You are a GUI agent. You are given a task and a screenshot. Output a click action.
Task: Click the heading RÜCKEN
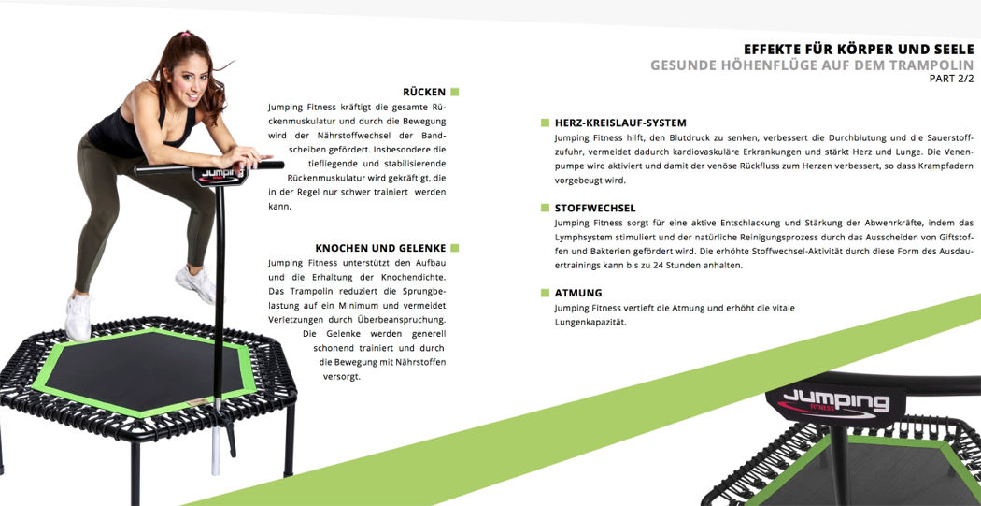click(x=424, y=92)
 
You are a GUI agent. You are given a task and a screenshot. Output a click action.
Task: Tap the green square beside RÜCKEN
click(x=455, y=92)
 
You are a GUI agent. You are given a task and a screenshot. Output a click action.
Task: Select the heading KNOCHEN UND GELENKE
click(x=380, y=248)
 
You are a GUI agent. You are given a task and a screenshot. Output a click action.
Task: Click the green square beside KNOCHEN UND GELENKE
click(x=455, y=248)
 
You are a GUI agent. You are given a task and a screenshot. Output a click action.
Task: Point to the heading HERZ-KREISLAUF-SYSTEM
click(x=620, y=123)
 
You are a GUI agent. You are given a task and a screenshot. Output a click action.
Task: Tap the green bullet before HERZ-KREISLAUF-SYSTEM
click(x=546, y=123)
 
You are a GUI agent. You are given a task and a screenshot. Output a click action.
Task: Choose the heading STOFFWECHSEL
click(x=595, y=208)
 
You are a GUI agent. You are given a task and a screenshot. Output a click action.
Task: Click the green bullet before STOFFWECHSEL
click(x=546, y=208)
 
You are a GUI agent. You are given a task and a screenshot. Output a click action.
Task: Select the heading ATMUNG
click(x=578, y=293)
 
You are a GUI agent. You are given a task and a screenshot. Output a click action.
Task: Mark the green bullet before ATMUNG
click(x=546, y=293)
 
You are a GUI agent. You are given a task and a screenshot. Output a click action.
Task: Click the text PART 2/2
click(x=952, y=79)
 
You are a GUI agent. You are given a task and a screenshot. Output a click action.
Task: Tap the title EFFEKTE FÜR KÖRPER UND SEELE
click(x=859, y=49)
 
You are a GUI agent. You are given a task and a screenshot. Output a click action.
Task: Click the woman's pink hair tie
click(x=186, y=33)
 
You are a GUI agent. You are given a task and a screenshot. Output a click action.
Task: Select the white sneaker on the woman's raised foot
click(x=196, y=283)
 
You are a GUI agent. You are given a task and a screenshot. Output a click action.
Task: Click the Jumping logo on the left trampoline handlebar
click(x=219, y=176)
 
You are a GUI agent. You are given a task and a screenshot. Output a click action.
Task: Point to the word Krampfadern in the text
click(x=948, y=166)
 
